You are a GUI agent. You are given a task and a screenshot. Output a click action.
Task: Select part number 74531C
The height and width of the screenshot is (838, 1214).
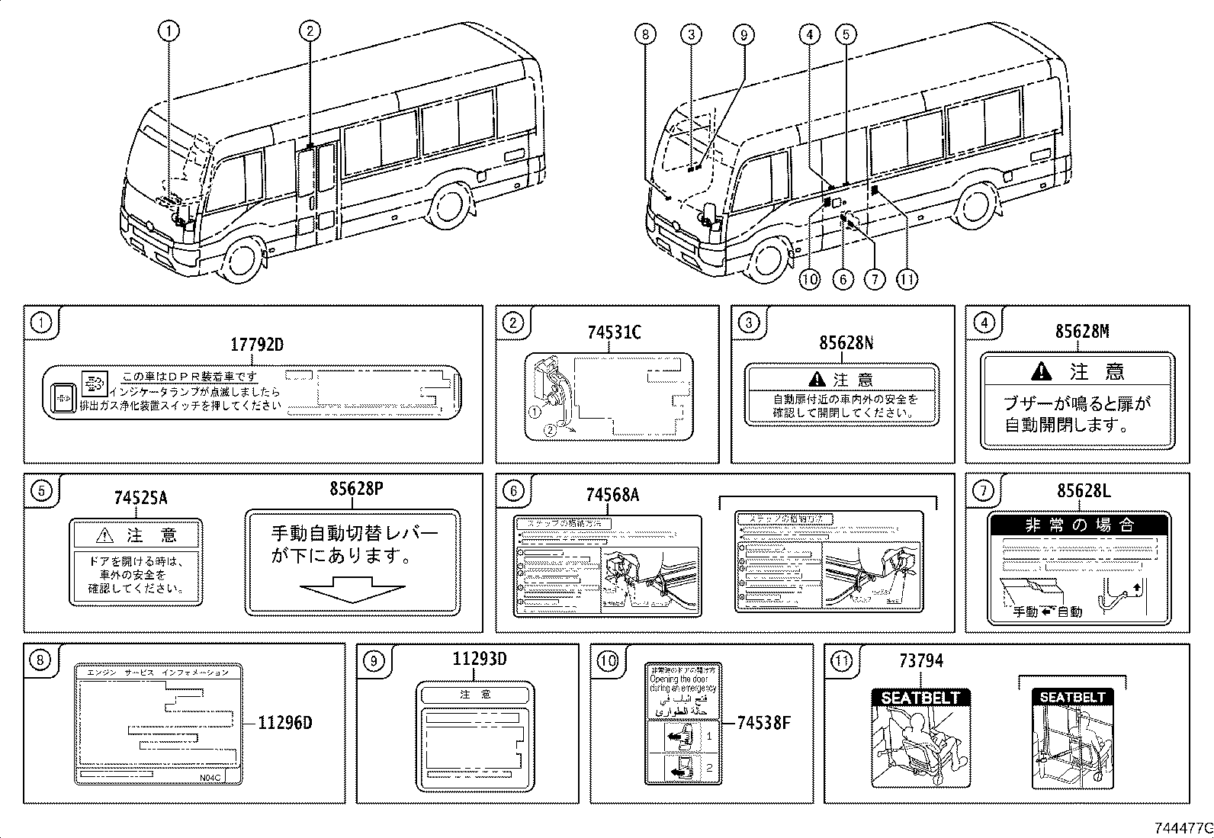[614, 332]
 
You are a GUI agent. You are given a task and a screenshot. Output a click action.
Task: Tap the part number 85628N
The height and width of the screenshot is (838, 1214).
[846, 343]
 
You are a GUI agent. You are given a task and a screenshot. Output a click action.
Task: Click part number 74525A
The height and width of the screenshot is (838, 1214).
[140, 498]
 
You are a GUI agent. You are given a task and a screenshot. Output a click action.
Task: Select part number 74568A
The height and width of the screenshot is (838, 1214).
[612, 496]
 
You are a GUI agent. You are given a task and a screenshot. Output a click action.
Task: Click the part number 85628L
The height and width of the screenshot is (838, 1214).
[1084, 492]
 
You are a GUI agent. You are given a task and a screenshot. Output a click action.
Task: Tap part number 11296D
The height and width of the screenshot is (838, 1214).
[284, 723]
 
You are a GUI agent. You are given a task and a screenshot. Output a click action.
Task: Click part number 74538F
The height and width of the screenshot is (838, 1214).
[763, 721]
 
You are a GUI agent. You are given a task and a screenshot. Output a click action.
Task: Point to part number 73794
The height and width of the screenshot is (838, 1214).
[920, 661]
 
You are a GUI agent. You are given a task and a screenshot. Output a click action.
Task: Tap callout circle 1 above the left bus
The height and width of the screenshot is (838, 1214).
[169, 31]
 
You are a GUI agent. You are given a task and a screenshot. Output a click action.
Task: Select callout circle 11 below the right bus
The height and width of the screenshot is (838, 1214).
[906, 279]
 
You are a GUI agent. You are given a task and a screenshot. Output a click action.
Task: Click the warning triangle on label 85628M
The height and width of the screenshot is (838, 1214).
[1040, 371]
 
